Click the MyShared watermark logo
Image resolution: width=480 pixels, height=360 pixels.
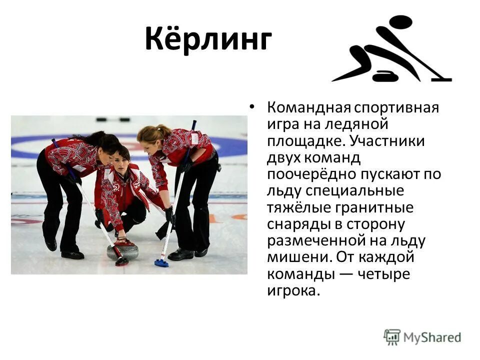point(422,337)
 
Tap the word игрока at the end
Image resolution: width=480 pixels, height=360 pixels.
point(292,290)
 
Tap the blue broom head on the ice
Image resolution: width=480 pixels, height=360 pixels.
point(161,263)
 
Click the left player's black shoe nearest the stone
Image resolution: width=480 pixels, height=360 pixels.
point(73,254)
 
